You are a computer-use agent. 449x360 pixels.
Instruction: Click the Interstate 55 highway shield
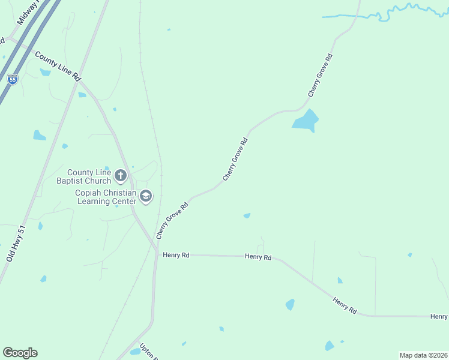pyautogui.click(x=13, y=79)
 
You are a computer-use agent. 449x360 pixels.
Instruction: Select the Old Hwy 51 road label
pyautogui.click(x=16, y=243)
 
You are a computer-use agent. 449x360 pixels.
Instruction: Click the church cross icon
pyautogui.click(x=121, y=176)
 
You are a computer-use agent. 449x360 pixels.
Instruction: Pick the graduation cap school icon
pyautogui.click(x=145, y=196)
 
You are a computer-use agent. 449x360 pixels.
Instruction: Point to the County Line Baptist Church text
pyautogui.click(x=89, y=176)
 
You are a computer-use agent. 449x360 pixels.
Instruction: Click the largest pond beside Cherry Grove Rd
pyautogui.click(x=306, y=121)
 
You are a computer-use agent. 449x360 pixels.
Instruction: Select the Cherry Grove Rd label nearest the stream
pyautogui.click(x=320, y=76)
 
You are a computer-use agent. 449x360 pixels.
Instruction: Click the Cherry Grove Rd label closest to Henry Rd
pyautogui.click(x=172, y=220)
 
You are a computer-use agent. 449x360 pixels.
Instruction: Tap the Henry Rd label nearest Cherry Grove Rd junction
pyautogui.click(x=176, y=255)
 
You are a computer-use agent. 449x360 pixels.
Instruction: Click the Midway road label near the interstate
pyautogui.click(x=26, y=13)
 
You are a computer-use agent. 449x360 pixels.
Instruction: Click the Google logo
pyautogui.click(x=20, y=353)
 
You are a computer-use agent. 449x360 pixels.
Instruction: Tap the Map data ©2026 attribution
pyautogui.click(x=423, y=355)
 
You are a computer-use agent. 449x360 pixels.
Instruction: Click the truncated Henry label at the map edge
pyautogui.click(x=439, y=316)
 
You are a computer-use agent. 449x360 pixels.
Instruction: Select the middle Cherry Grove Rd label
pyautogui.click(x=235, y=159)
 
